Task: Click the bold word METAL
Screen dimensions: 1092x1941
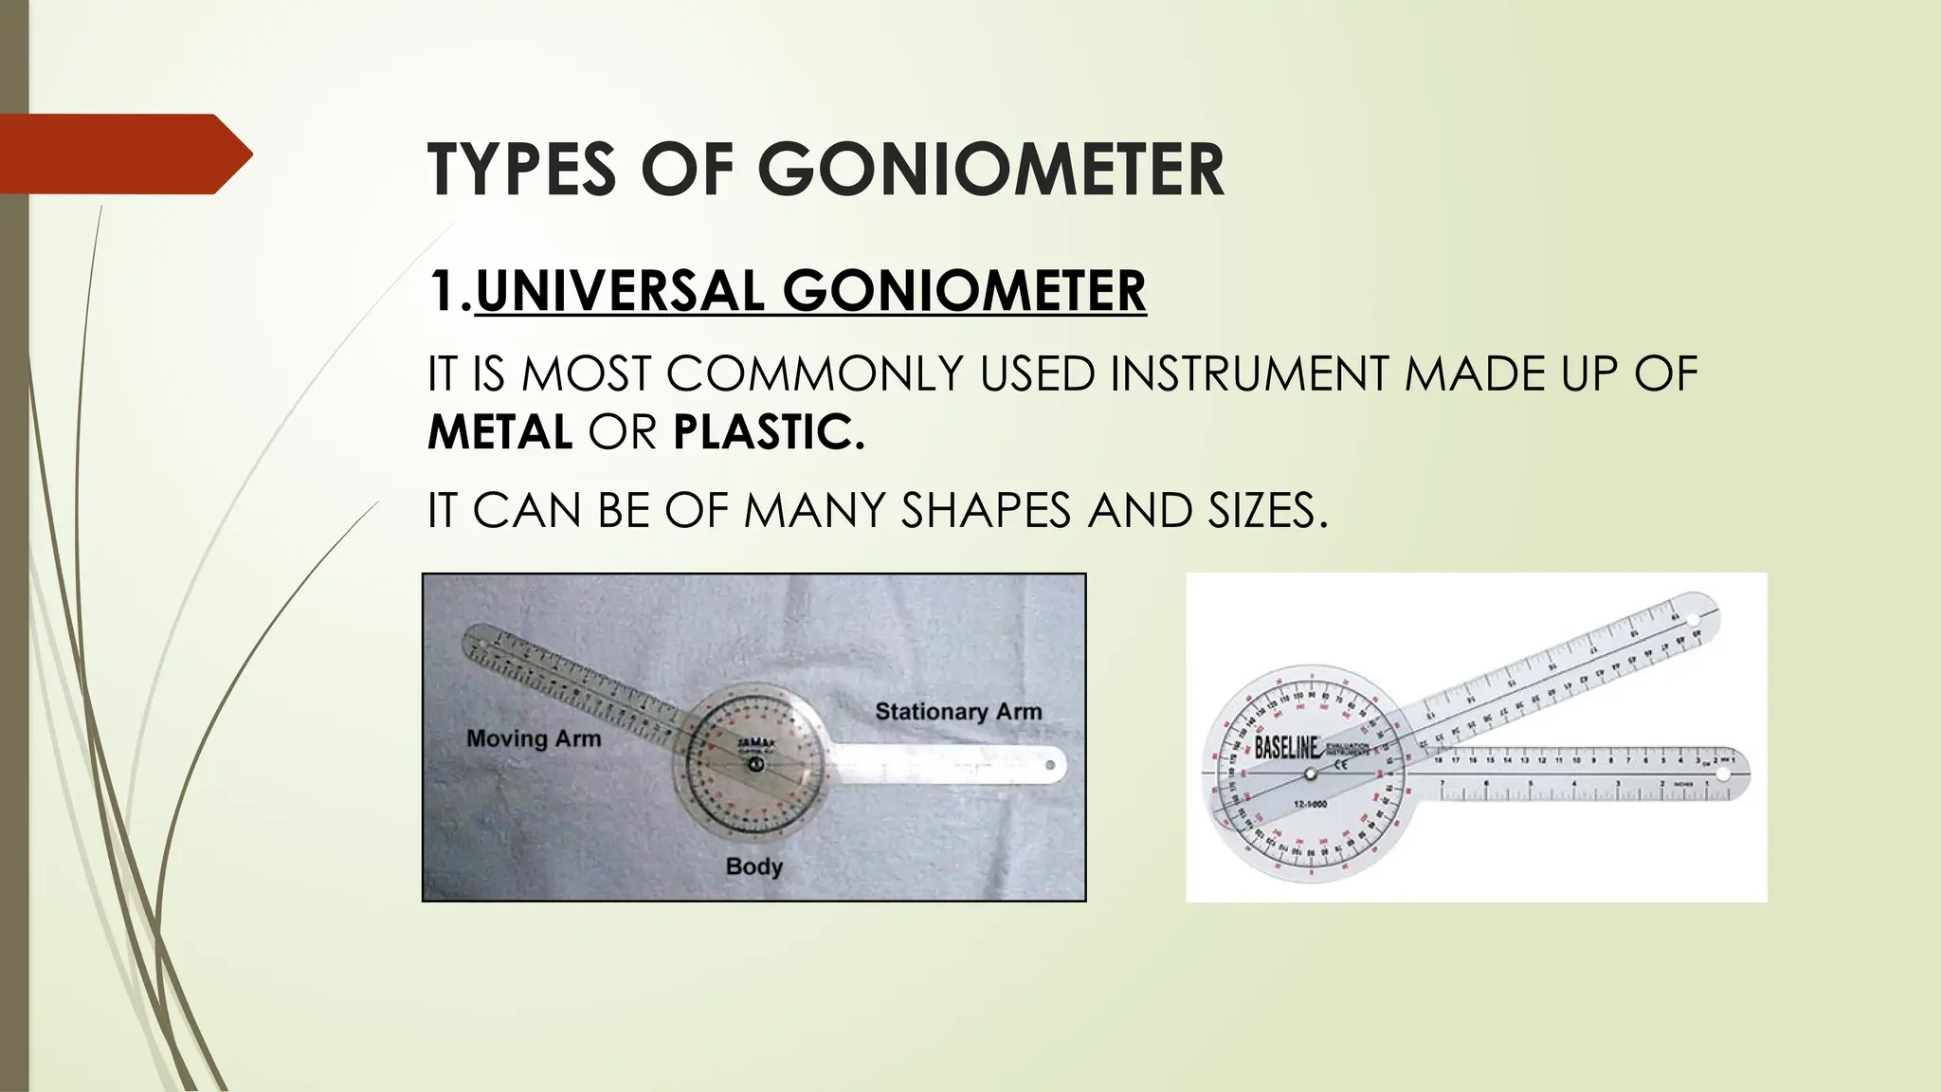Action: coord(499,432)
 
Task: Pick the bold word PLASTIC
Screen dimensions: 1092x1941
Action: coord(769,432)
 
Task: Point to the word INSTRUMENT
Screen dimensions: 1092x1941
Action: coord(1250,373)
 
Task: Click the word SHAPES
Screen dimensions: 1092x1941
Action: coord(987,511)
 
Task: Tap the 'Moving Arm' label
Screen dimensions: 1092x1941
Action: coord(534,738)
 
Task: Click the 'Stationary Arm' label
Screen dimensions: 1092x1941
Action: coord(958,711)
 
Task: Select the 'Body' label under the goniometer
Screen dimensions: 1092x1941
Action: coord(753,866)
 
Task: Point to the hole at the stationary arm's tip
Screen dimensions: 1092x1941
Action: coord(1050,764)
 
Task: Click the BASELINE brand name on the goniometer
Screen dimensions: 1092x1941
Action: coord(1286,748)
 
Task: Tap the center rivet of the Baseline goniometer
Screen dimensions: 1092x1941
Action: coord(1311,774)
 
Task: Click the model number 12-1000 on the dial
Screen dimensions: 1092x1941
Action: coord(1310,805)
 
